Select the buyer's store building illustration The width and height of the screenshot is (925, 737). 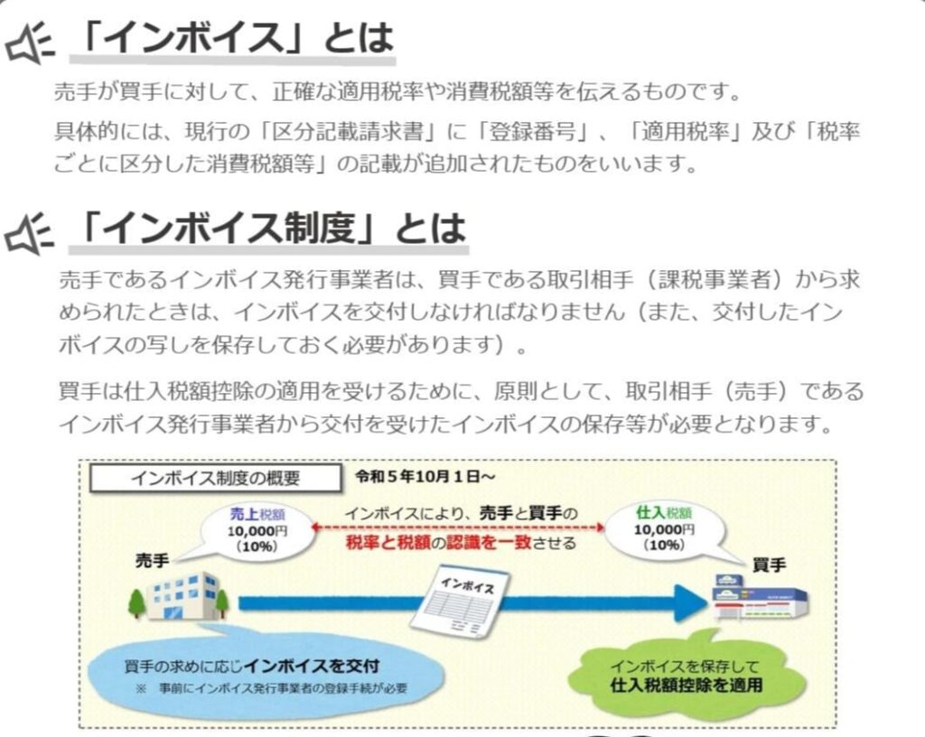point(757,596)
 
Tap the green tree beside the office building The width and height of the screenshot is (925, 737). point(137,600)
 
